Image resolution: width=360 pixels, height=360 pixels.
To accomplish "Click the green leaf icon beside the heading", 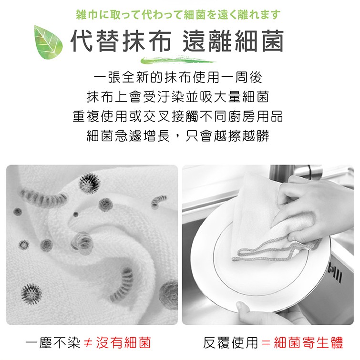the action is pos(49,42).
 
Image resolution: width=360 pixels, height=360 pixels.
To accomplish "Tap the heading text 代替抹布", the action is pos(121,41).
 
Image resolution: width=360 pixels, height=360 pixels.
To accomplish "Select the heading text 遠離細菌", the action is pos(233,41).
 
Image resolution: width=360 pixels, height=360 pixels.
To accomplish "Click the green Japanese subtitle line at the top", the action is pos(178,15).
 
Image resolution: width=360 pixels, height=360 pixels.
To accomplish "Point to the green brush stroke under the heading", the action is pos(178,60).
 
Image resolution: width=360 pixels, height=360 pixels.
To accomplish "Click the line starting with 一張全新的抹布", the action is pos(178,77).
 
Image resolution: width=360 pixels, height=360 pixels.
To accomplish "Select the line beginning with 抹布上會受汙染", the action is pos(178,97).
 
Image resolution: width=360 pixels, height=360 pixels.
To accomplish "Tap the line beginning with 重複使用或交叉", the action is pos(178,116).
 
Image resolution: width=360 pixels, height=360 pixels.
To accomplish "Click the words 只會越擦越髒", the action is pos(227,136).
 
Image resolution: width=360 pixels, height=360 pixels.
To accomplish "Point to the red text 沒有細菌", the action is pos(123,343).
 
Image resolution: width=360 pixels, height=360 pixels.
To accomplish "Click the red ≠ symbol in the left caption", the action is pos(88,343).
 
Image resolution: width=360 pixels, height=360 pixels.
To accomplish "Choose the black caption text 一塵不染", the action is pos(53,343).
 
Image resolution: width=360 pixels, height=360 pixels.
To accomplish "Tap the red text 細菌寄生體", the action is pos(309,343).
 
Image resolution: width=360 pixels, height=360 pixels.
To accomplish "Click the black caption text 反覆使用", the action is pos(230,343).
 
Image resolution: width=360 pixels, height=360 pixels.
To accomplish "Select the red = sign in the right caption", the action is pos(266,343).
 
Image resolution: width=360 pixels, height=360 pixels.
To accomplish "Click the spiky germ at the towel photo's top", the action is pos(89,183).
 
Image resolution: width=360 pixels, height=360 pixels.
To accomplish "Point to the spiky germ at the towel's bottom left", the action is pos(31,294).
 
